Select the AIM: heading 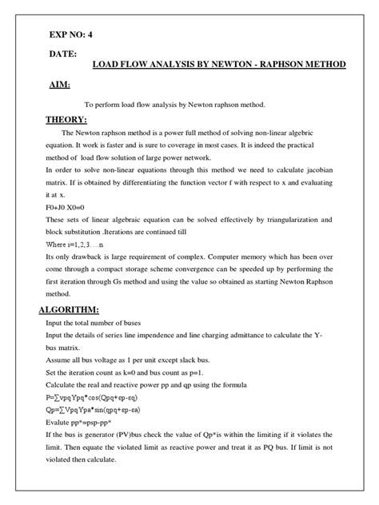click(58, 85)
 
